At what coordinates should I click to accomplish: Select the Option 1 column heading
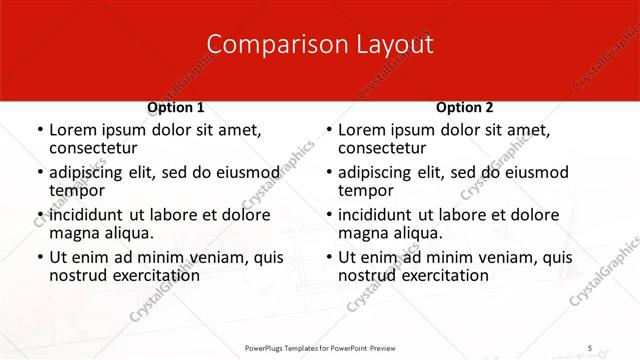click(176, 107)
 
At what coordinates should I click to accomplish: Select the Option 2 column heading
click(465, 107)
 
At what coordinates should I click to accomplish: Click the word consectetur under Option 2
click(381, 148)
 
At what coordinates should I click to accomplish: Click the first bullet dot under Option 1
click(39, 131)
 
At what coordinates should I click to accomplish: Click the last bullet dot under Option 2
click(328, 258)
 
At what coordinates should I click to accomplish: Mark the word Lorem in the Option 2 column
click(361, 130)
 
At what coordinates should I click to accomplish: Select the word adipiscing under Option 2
click(378, 172)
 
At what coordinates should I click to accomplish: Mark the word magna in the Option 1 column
click(73, 233)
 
